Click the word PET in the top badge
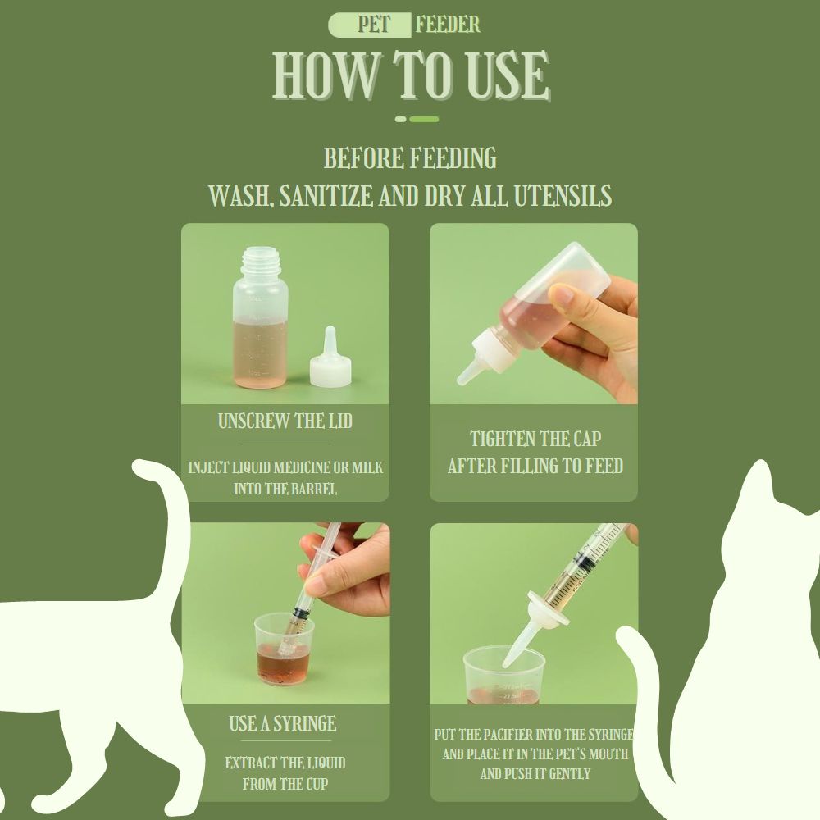pos(374,25)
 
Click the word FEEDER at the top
pos(448,25)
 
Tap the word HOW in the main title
pos(326,75)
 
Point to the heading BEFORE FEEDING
pos(410,158)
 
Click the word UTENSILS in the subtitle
pos(563,196)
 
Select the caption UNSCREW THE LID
pos(285,421)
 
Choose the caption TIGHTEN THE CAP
pos(535,439)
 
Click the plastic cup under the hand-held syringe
pos(284,649)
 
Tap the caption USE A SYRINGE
pos(283,724)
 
